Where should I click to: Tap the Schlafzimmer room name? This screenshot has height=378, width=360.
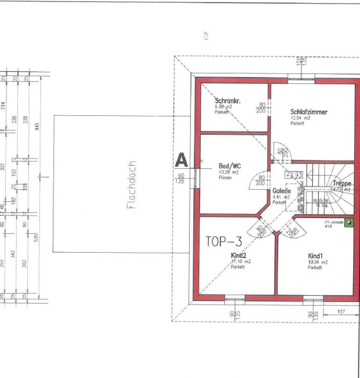point(309,112)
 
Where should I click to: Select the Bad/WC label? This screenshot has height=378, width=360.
point(225,166)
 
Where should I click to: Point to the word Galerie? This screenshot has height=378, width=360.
point(282,191)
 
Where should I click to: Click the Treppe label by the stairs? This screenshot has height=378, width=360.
point(342,183)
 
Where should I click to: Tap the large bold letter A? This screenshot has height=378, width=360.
point(181,160)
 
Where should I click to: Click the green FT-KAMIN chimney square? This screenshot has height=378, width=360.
point(349,222)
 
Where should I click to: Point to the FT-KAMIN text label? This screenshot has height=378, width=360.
point(333,222)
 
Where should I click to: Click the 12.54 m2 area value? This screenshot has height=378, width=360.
point(300,118)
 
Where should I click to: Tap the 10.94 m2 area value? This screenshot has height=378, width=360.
point(318,262)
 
